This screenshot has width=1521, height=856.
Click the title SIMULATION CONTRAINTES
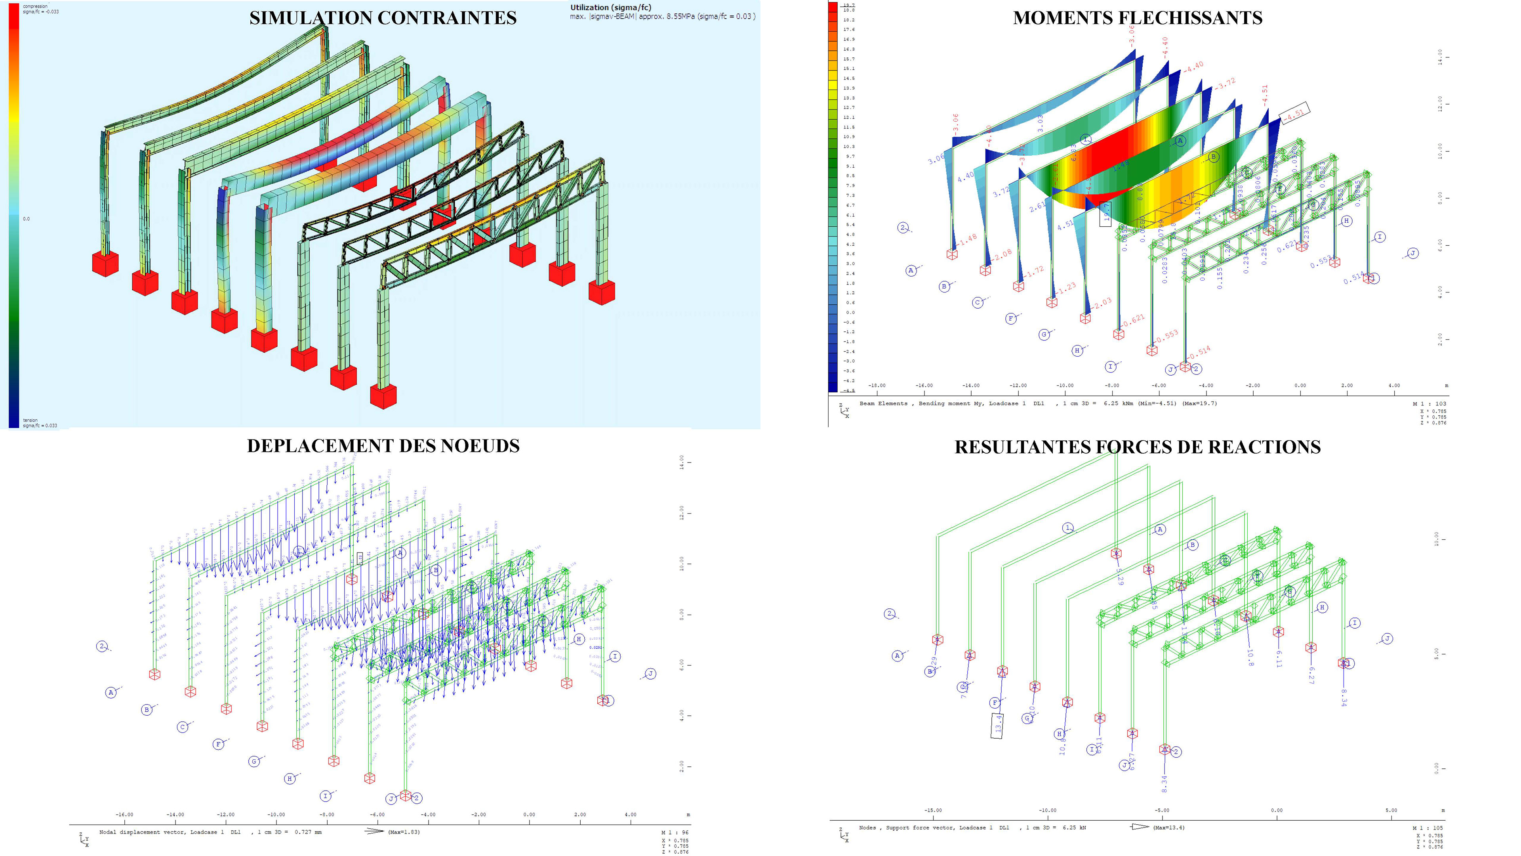click(383, 18)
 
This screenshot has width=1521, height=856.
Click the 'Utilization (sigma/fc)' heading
click(610, 7)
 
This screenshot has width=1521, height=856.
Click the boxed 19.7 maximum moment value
click(1106, 214)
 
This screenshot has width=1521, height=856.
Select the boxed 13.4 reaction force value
click(997, 726)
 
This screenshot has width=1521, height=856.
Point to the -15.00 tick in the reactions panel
click(933, 810)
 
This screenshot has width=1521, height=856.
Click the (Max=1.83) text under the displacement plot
click(404, 832)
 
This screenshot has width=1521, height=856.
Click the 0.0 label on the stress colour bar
click(27, 219)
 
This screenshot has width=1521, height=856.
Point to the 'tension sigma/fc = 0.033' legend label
click(40, 423)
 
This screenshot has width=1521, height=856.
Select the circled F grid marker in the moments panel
click(1010, 318)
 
